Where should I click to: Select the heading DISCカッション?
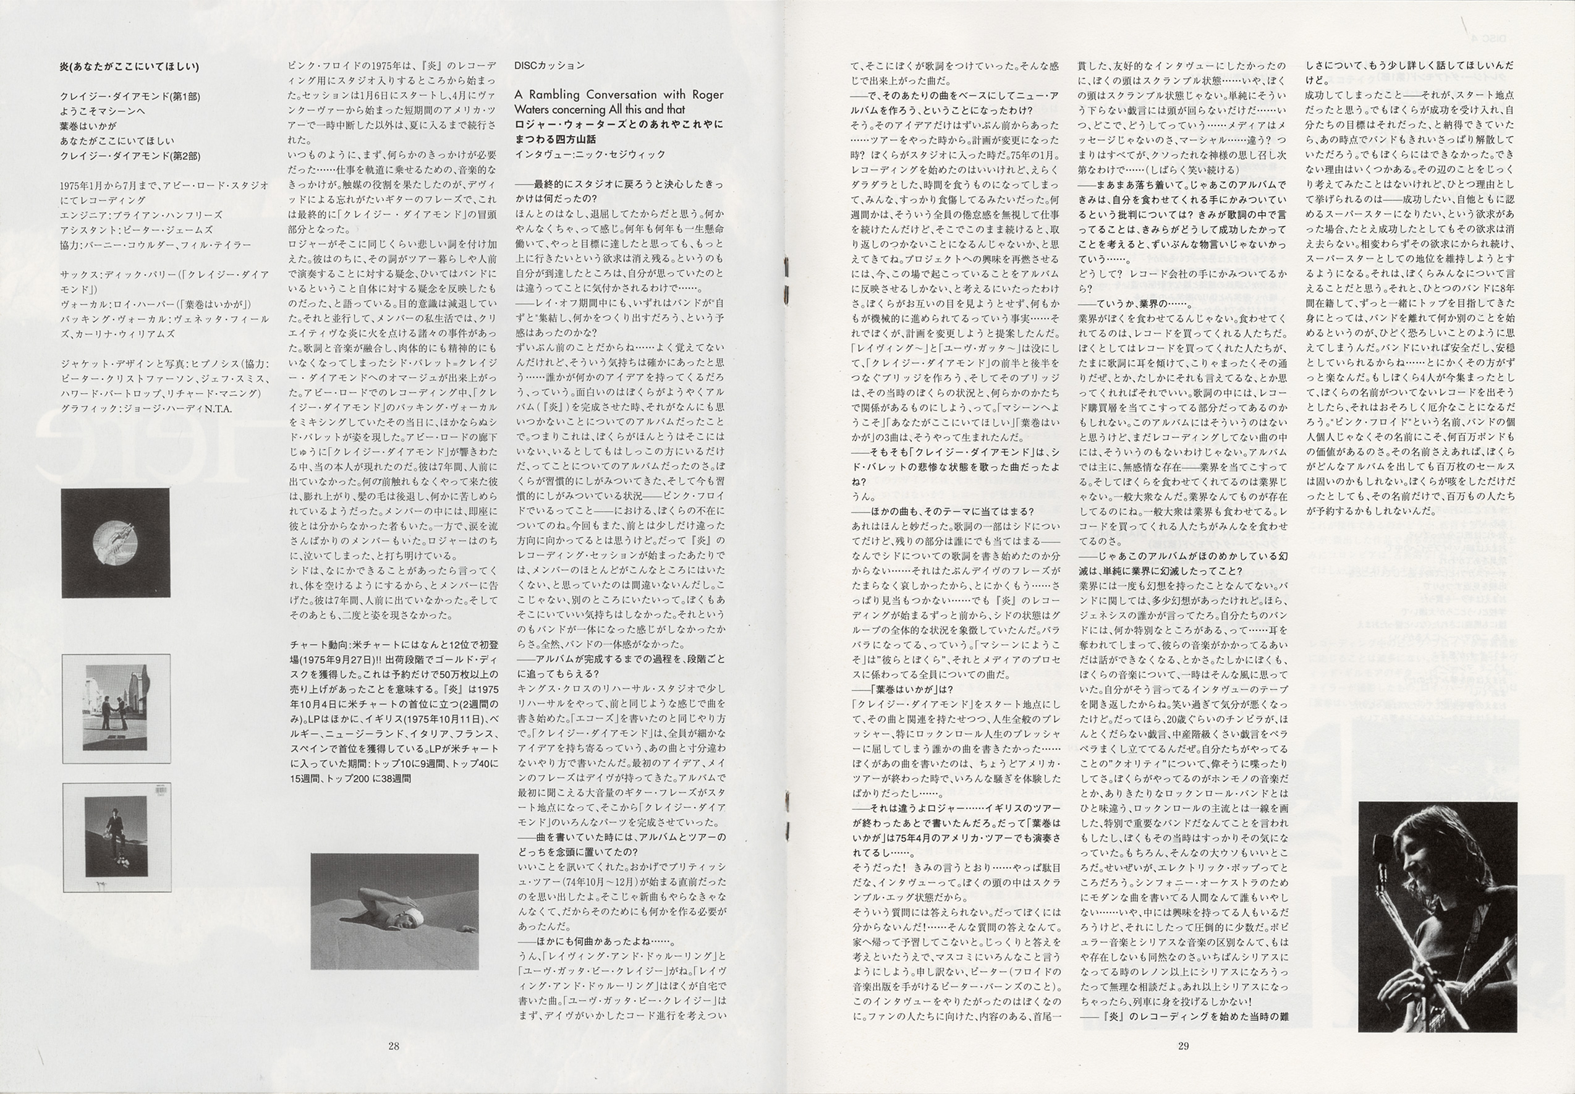click(549, 65)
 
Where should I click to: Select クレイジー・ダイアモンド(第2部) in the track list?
click(130, 156)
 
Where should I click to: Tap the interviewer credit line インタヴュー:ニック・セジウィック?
click(590, 155)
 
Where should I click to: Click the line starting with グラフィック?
click(146, 409)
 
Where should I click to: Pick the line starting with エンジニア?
click(140, 214)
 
